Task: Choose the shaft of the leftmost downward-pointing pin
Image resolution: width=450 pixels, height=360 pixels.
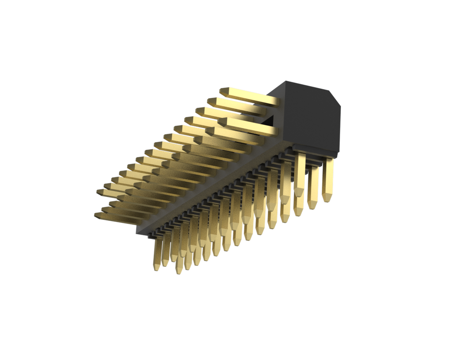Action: tap(158, 251)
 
